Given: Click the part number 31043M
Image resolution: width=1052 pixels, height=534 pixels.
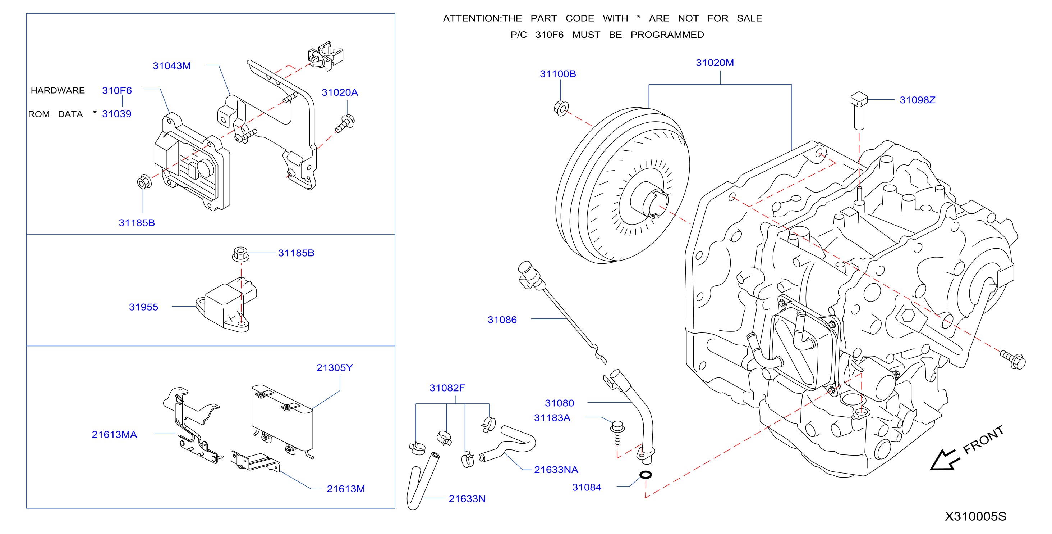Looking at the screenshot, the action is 171,66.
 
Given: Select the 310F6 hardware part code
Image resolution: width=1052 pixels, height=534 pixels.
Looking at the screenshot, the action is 117,90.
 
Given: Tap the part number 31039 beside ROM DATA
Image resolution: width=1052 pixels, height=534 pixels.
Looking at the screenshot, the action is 117,114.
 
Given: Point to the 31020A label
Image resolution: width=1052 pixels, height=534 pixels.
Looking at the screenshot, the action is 340,92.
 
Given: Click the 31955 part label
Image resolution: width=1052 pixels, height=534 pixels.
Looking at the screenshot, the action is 143,307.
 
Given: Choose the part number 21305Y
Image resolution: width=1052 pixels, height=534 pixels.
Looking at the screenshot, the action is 335,368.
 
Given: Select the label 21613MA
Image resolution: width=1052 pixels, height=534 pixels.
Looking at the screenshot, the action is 114,435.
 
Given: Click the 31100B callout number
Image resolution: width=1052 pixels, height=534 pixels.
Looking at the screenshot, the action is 558,74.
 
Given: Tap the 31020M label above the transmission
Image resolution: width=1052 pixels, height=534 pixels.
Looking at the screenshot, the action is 715,63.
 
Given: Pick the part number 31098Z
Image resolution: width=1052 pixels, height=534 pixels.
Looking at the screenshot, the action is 918,100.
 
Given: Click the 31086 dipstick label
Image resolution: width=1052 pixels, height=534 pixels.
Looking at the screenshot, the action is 502,320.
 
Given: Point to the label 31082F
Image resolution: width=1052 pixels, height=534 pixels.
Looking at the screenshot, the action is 447,388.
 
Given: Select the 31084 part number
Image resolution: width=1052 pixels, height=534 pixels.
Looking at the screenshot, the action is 587,487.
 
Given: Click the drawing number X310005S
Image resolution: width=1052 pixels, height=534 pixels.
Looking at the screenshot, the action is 976,516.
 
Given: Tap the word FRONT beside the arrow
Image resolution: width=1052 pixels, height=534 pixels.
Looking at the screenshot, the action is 983,440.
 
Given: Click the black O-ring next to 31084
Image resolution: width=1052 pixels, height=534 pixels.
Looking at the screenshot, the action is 646,475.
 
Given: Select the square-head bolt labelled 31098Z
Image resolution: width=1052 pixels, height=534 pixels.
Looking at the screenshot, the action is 859,111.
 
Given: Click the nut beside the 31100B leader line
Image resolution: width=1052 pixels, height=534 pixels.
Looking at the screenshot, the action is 561,108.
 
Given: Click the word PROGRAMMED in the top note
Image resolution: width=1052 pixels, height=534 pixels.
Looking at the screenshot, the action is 667,35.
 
